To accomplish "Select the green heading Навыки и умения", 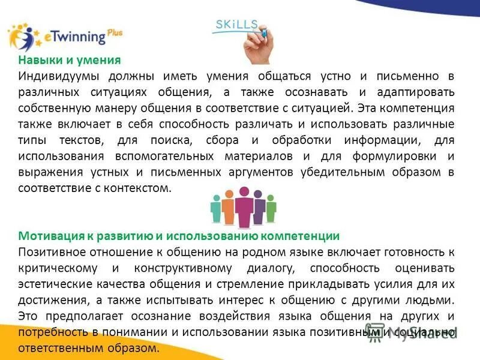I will (x=69, y=61).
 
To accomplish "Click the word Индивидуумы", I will (x=58, y=77).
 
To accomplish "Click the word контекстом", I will (x=139, y=187).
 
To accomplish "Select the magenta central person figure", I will (x=244, y=207).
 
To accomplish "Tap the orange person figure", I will (x=228, y=209).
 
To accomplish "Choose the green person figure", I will (x=271, y=211).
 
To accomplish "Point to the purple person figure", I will (x=259, y=209).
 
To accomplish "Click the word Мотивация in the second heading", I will (x=47, y=236).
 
